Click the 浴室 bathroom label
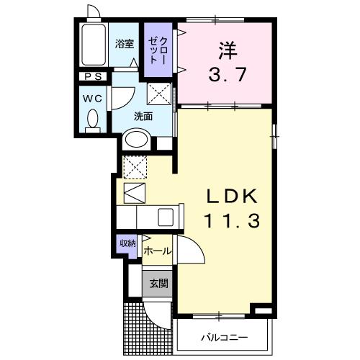(x=125, y=43)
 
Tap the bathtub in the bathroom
(x=91, y=48)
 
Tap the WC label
(x=91, y=96)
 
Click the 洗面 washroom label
(x=143, y=116)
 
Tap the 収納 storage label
(x=127, y=244)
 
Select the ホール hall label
(x=157, y=251)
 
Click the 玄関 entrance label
(x=158, y=283)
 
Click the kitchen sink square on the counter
(x=166, y=217)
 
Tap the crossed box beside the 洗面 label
(x=159, y=94)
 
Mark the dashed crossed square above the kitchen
(x=133, y=167)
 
